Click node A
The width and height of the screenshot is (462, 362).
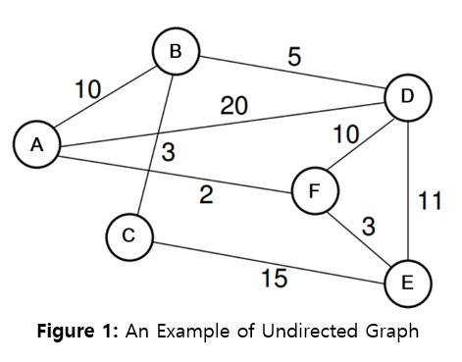coord(36,144)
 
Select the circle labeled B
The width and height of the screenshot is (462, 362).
coord(176,51)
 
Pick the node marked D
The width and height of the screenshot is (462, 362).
coord(407,96)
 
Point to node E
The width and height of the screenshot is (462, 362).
coord(407,282)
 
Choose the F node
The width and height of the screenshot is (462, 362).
coord(314,189)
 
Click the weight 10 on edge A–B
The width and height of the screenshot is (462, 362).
coord(89,90)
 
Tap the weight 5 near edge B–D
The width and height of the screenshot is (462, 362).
coord(293,57)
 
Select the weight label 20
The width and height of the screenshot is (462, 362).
coord(233,106)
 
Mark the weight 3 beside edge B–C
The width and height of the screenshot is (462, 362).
coord(169,152)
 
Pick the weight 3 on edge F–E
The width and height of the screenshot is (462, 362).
coord(367,227)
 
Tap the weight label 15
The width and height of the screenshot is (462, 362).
coord(274,279)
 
